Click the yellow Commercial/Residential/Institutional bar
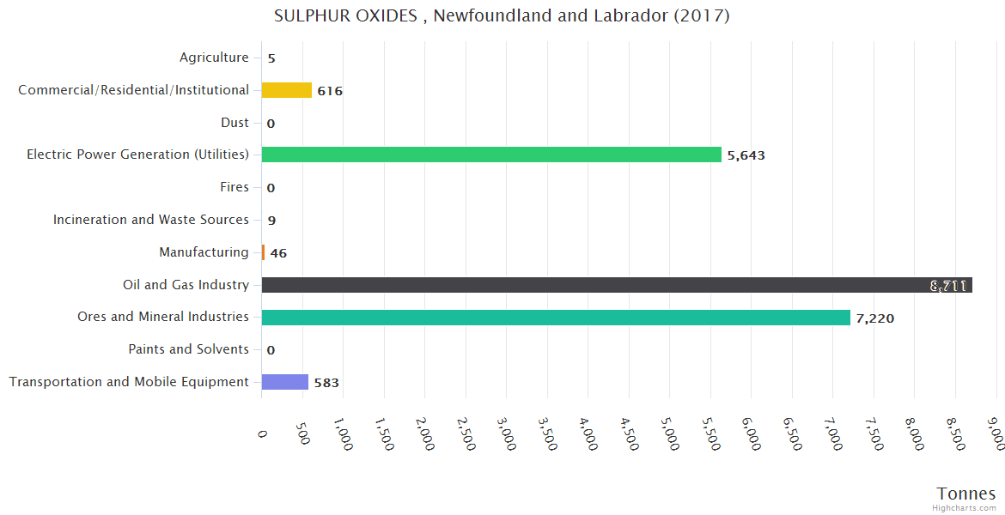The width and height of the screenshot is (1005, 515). (x=286, y=90)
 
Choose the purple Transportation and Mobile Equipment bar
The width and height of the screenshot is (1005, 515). (x=284, y=382)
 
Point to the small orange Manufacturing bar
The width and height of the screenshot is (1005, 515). (x=263, y=252)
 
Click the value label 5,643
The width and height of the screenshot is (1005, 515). (x=746, y=155)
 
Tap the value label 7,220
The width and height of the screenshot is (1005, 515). (x=874, y=318)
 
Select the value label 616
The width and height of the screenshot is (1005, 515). (x=330, y=91)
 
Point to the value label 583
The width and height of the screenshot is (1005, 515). (x=326, y=383)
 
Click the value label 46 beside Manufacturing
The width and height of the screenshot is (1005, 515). (x=278, y=253)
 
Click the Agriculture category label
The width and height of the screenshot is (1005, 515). (x=214, y=58)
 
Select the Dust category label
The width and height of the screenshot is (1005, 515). (x=234, y=123)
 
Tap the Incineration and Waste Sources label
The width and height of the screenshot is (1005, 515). (x=151, y=220)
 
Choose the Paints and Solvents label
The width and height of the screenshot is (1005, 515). (x=188, y=349)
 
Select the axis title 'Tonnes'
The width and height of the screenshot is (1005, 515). (x=966, y=494)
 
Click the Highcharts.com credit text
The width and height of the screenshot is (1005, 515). (x=965, y=508)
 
